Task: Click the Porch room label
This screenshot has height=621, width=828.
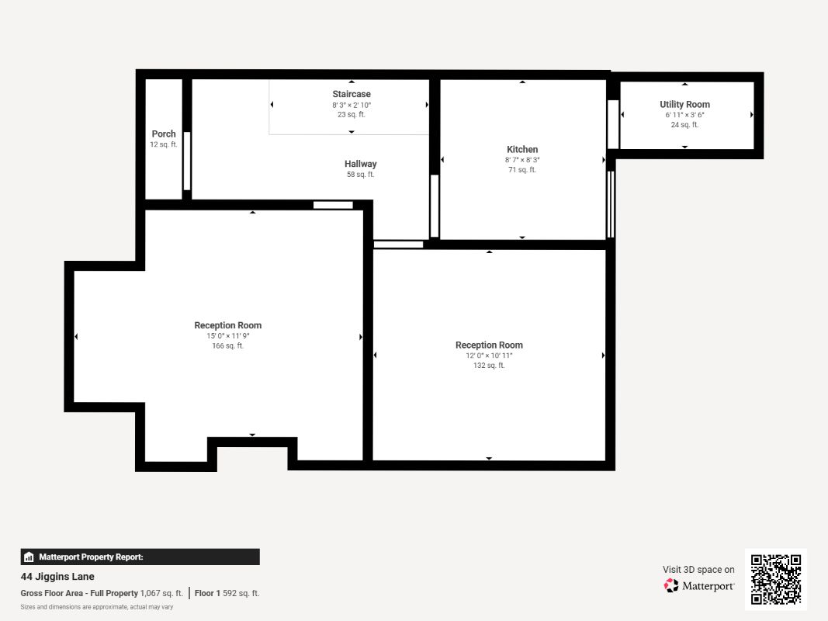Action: coord(164,134)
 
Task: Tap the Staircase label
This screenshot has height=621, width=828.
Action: coord(352,94)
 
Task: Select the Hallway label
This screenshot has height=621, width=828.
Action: coord(361,164)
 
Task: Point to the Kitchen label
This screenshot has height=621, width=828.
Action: coord(522,150)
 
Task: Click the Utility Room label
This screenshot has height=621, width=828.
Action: coord(685,105)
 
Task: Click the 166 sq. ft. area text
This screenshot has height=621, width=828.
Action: coord(228,346)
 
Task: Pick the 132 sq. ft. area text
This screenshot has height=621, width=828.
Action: coord(489,366)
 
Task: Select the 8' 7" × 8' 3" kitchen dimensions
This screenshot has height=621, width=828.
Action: coord(522,160)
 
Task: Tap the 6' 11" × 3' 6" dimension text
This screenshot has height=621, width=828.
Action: coord(685,115)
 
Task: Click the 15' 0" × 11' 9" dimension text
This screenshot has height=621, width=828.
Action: coord(228,336)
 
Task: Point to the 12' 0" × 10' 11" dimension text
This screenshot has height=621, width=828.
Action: coord(489,356)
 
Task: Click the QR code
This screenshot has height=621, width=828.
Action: coord(776,579)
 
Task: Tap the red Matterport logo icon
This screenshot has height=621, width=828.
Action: coord(671,585)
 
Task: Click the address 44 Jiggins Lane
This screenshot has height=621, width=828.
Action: coord(57,577)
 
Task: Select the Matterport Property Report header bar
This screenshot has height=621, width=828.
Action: coord(140,557)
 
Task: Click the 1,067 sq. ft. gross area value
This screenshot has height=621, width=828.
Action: coord(161,594)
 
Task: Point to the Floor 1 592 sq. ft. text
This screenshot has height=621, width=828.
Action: coord(227,594)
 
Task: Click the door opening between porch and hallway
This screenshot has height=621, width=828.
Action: coord(187,161)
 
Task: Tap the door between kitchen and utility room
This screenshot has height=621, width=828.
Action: coord(612,125)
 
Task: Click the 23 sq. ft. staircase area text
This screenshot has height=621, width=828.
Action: coord(352,115)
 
